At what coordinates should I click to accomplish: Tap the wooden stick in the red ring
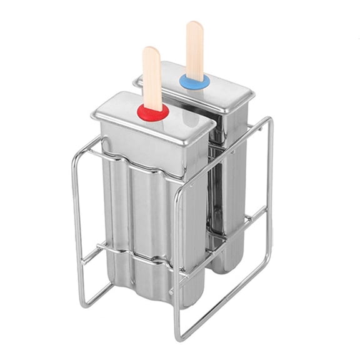tap(152, 81)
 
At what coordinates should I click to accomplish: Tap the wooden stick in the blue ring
tap(194, 50)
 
